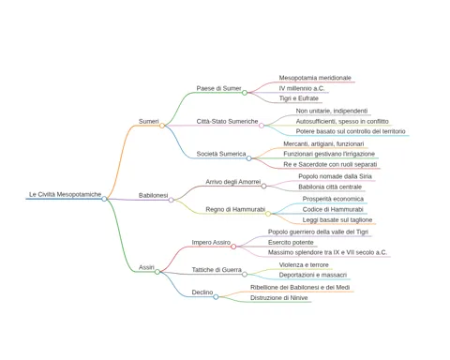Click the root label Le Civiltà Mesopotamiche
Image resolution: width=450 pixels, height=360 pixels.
point(65,194)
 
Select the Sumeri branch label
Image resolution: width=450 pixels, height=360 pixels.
point(149,121)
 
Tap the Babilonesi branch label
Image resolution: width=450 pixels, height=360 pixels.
point(153,195)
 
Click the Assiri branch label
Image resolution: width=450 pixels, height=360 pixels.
point(146,267)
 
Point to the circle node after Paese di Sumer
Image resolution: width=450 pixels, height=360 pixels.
point(245,93)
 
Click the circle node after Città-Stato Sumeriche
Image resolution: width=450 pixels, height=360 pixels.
point(262,126)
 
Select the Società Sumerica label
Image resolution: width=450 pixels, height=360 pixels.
point(221,154)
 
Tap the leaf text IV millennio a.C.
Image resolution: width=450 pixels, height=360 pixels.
point(302,88)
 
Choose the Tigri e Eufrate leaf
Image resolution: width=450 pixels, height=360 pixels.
point(299,98)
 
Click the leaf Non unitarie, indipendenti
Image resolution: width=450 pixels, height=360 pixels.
point(332,111)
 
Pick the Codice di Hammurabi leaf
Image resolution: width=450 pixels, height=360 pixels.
point(333,209)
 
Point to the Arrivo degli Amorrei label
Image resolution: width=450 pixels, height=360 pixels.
point(233,182)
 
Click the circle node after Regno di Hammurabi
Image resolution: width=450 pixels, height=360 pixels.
point(268,214)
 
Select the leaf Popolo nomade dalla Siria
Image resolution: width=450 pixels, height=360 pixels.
point(335,176)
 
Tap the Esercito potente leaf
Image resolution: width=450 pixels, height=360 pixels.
point(291,243)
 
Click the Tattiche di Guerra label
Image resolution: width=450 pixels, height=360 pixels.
point(217,270)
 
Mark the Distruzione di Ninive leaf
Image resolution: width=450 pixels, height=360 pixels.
point(278,298)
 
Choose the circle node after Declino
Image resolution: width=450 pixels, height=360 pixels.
point(216,297)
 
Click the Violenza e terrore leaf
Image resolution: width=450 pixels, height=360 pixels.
point(304,265)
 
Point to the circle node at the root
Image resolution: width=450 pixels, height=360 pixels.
point(104,199)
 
